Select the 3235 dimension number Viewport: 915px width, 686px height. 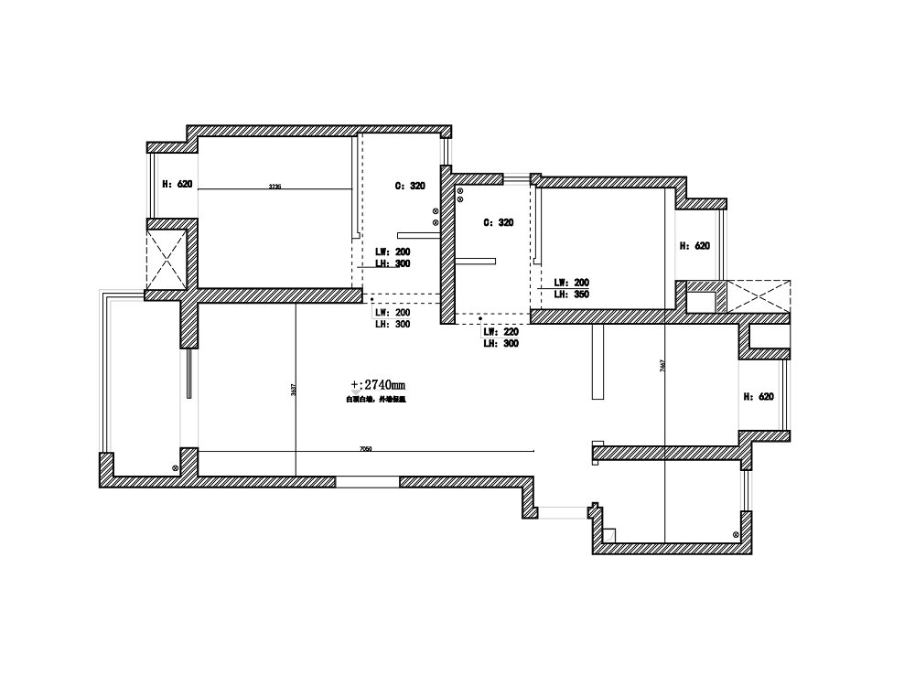pyautogui.click(x=274, y=187)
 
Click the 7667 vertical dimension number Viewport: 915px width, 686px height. pyautogui.click(x=662, y=365)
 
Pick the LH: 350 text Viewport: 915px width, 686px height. pyautogui.click(x=570, y=295)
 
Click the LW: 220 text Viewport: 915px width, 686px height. pyautogui.click(x=501, y=331)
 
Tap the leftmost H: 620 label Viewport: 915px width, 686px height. pyautogui.click(x=177, y=184)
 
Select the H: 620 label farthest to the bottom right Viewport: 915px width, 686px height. pyautogui.click(x=758, y=396)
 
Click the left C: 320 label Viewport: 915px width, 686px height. pyautogui.click(x=410, y=186)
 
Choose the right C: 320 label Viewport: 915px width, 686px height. pyautogui.click(x=499, y=222)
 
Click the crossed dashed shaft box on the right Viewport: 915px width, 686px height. pyautogui.click(x=759, y=295)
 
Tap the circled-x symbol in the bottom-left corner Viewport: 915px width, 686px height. pyautogui.click(x=175, y=467)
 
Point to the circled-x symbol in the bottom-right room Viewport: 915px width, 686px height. pyautogui.click(x=736, y=533)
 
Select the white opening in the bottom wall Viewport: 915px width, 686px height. pyautogui.click(x=367, y=480)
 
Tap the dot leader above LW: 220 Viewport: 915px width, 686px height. pyautogui.click(x=482, y=319)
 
